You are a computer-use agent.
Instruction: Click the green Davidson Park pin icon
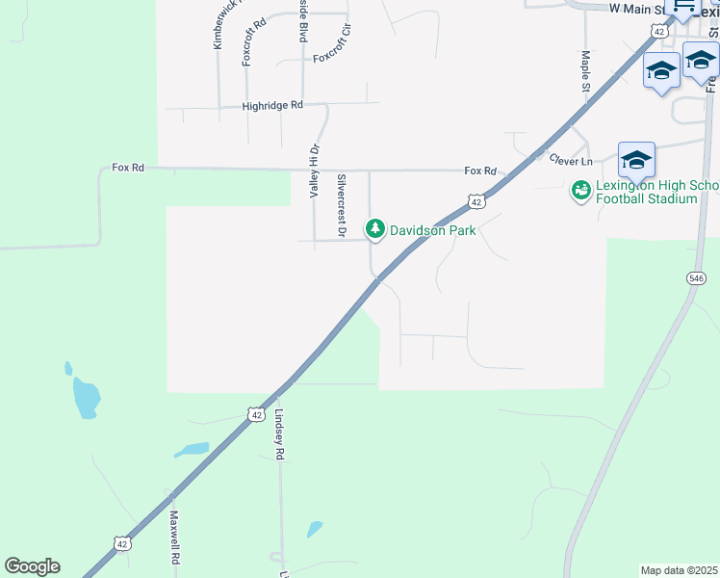[x=374, y=229]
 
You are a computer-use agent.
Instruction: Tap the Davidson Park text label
[x=432, y=230]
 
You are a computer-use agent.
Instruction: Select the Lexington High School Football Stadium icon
[x=580, y=191]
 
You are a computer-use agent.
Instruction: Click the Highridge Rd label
[x=272, y=105]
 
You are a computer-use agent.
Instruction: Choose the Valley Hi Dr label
[x=314, y=171]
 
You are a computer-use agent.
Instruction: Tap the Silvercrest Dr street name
[x=341, y=204]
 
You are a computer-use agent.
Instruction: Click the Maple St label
[x=585, y=71]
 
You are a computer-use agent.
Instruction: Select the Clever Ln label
[x=570, y=159]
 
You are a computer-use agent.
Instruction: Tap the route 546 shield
[x=697, y=277]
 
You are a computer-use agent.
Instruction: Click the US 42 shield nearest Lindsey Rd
[x=254, y=414]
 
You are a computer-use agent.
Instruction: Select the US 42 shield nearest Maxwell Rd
[x=121, y=544]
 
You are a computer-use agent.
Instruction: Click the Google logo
[x=32, y=566]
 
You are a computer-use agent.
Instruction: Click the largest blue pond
[x=85, y=396]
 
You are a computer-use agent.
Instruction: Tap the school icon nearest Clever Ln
[x=636, y=159]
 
